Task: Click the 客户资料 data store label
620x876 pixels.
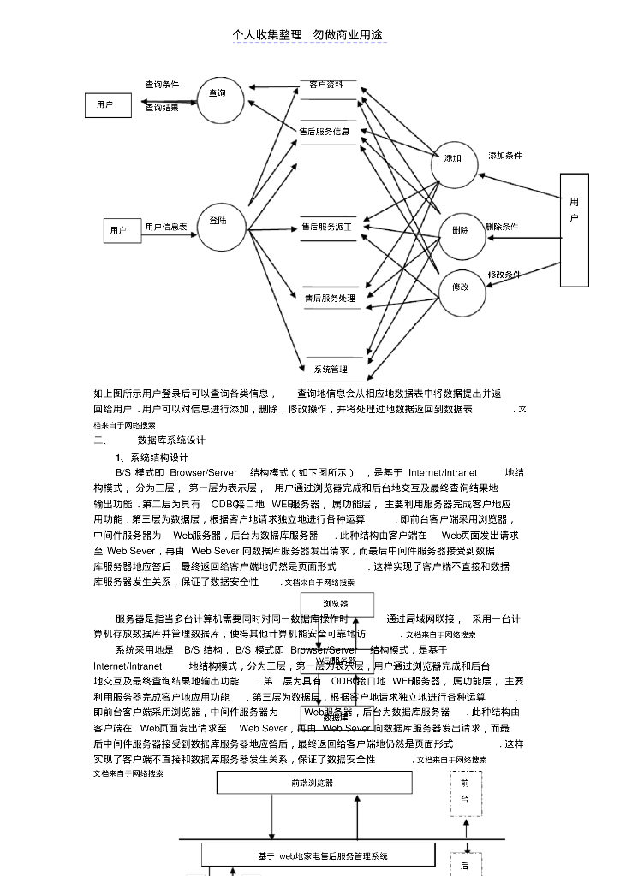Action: tap(326, 86)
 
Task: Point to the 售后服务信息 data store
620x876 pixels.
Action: tap(325, 132)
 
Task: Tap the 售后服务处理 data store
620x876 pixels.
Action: tap(330, 299)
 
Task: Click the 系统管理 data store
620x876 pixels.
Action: tap(331, 370)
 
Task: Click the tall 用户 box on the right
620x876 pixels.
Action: tap(574, 229)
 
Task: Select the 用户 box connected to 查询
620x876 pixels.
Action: tap(108, 105)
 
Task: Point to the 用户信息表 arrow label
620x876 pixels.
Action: tap(166, 227)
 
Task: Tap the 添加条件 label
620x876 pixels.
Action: tap(505, 156)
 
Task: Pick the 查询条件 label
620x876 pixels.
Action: tap(162, 85)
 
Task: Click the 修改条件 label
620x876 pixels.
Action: tap(504, 275)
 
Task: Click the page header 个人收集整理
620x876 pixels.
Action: tap(267, 34)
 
